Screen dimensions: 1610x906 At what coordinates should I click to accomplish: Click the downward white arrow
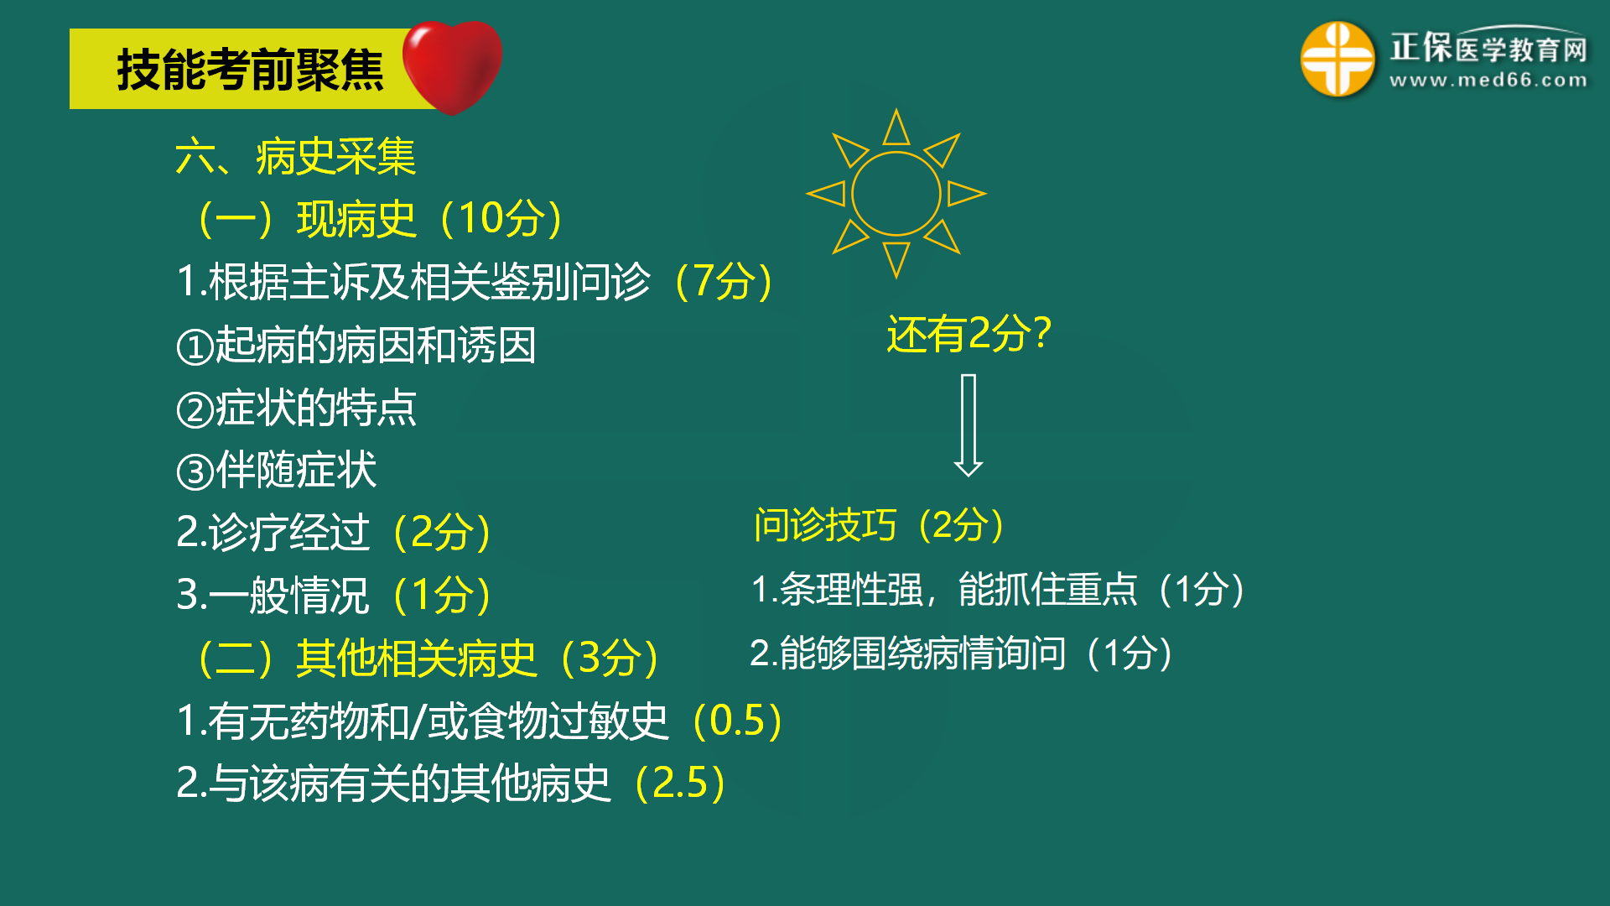[x=969, y=425]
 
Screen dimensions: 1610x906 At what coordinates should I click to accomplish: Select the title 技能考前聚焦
[x=250, y=70]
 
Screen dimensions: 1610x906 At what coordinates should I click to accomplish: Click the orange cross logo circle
[x=1337, y=59]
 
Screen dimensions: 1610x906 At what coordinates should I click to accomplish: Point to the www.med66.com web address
[x=1488, y=81]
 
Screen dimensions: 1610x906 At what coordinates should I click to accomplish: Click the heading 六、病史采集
[x=295, y=157]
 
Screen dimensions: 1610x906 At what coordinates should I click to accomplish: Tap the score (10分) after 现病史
[x=501, y=219]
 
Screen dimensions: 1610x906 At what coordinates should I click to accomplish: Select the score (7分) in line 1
[x=724, y=281]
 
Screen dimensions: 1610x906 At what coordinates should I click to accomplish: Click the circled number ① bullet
[x=195, y=346]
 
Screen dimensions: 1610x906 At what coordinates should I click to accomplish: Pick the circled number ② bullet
[x=195, y=409]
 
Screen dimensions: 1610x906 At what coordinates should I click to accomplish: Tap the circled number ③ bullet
[x=195, y=471]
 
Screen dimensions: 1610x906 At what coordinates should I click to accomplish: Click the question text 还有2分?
[x=969, y=334]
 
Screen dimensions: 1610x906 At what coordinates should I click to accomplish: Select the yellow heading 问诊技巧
[x=825, y=526]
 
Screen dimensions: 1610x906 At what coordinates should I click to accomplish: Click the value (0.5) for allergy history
[x=737, y=721]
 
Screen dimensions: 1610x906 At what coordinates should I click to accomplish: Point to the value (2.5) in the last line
[x=680, y=784]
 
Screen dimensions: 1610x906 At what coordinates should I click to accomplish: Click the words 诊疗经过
[x=289, y=533]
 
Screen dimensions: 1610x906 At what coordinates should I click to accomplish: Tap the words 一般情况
[x=289, y=596]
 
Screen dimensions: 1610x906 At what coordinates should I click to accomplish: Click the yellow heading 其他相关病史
[x=416, y=658]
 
